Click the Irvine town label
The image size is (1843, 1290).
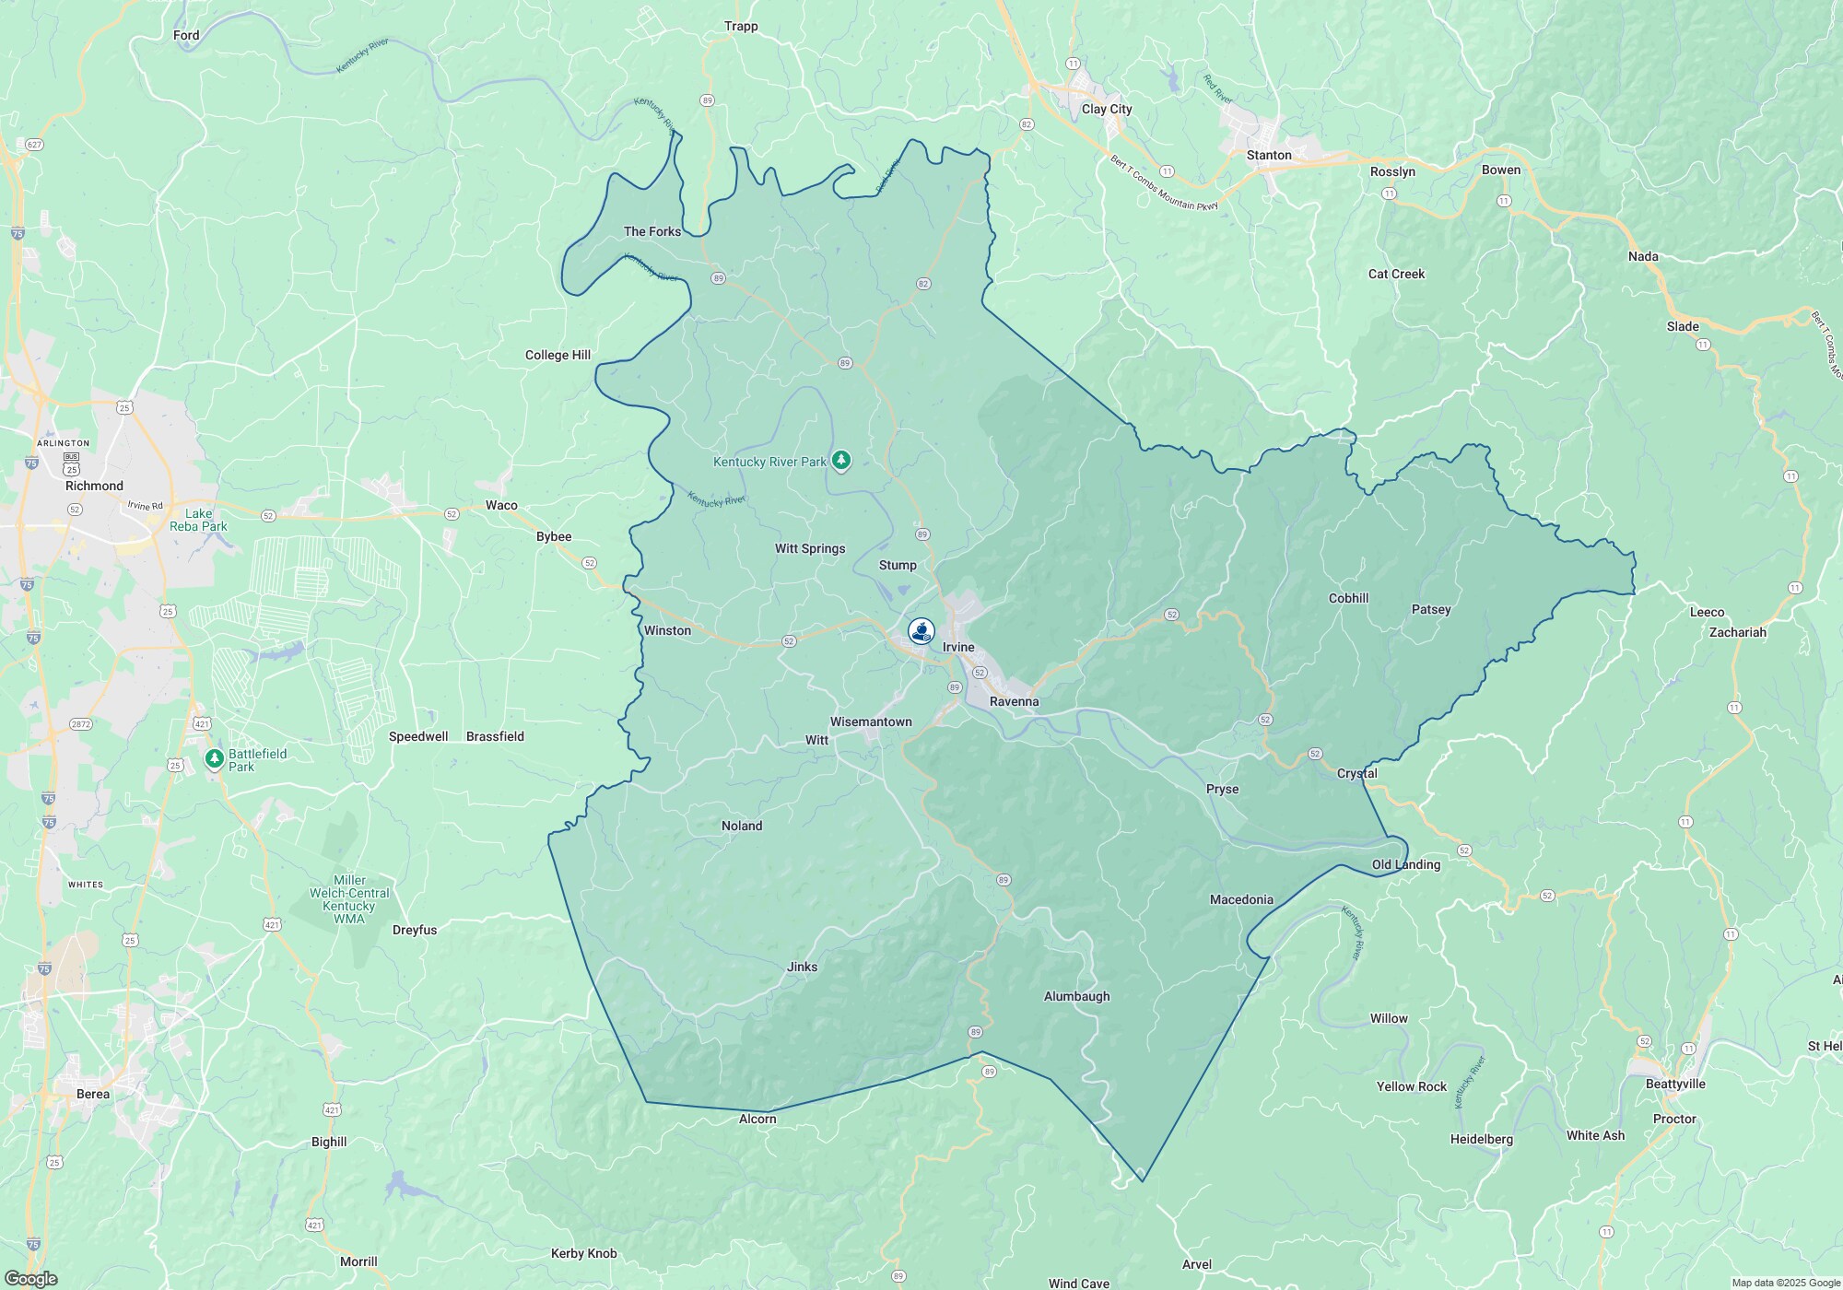pos(958,647)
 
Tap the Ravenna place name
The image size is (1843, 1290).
pos(1014,701)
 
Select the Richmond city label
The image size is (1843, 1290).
pos(94,486)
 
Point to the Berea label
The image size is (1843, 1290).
pos(93,1094)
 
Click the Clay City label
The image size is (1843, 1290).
pos(1107,109)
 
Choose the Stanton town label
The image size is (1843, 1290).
pos(1269,155)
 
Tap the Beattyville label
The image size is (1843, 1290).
pos(1675,1084)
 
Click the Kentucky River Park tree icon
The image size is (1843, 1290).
pos(840,460)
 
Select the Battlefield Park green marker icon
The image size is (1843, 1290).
pos(215,758)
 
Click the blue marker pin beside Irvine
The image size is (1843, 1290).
pos(921,631)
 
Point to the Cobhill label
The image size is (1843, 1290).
pos(1348,598)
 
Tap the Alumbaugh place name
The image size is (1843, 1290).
pos(1076,996)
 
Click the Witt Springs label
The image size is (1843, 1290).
pos(810,548)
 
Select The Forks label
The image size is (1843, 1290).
pos(652,231)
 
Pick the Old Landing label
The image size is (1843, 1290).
pos(1405,864)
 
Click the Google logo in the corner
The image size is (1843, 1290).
pos(30,1278)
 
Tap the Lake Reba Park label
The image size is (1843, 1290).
pos(198,520)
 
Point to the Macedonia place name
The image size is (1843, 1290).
pos(1241,899)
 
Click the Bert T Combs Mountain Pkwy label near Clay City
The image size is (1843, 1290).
pos(1164,182)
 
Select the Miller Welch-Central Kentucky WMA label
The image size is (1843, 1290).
pos(349,899)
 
